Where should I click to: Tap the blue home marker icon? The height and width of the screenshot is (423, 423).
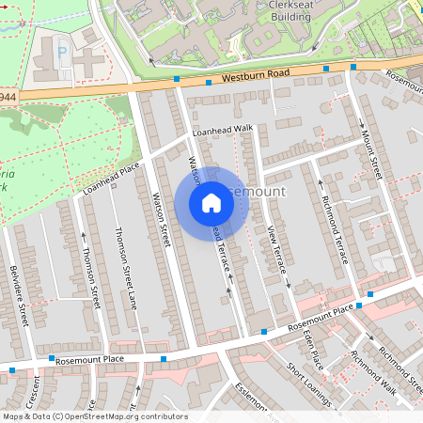click(x=211, y=203)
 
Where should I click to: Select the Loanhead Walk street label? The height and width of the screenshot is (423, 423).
click(x=224, y=131)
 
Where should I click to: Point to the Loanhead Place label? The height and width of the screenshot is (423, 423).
click(x=111, y=178)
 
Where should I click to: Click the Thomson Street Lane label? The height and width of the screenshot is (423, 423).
click(x=124, y=262)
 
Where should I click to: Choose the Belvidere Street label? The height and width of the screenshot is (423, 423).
click(x=20, y=296)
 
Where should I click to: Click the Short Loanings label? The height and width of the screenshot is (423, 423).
click(x=309, y=386)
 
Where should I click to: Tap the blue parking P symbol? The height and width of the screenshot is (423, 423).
click(x=63, y=54)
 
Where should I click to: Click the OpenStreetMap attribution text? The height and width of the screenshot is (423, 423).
click(x=94, y=416)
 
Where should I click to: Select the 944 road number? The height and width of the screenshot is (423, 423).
click(x=8, y=97)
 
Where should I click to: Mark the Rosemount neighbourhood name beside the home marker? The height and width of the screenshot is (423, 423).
click(x=256, y=192)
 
